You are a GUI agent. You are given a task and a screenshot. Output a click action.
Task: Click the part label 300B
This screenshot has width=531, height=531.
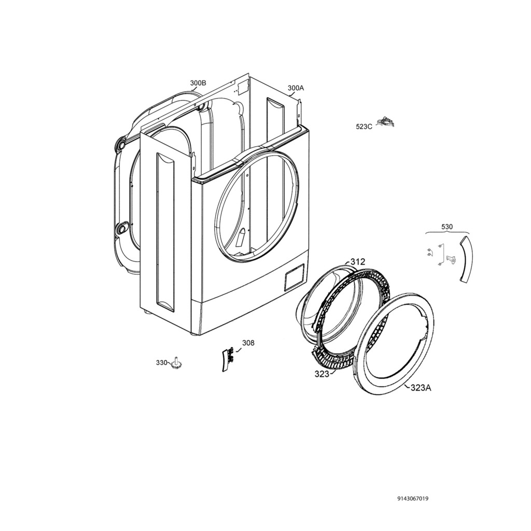tap(198, 83)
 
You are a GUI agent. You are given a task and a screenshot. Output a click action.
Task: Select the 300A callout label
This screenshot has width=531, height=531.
tap(296, 88)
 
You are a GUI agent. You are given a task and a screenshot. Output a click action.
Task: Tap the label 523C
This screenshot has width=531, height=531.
tap(364, 127)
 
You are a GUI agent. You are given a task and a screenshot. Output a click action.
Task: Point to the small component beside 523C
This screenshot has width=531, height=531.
tap(387, 121)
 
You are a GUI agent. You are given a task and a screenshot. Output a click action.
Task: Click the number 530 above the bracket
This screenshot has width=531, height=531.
tap(446, 227)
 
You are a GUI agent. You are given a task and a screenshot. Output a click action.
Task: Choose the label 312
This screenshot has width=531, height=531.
tap(358, 262)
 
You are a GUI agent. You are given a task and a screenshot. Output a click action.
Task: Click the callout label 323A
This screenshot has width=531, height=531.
tap(421, 388)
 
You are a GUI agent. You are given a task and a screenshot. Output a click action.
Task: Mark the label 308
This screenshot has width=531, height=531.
tap(248, 343)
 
